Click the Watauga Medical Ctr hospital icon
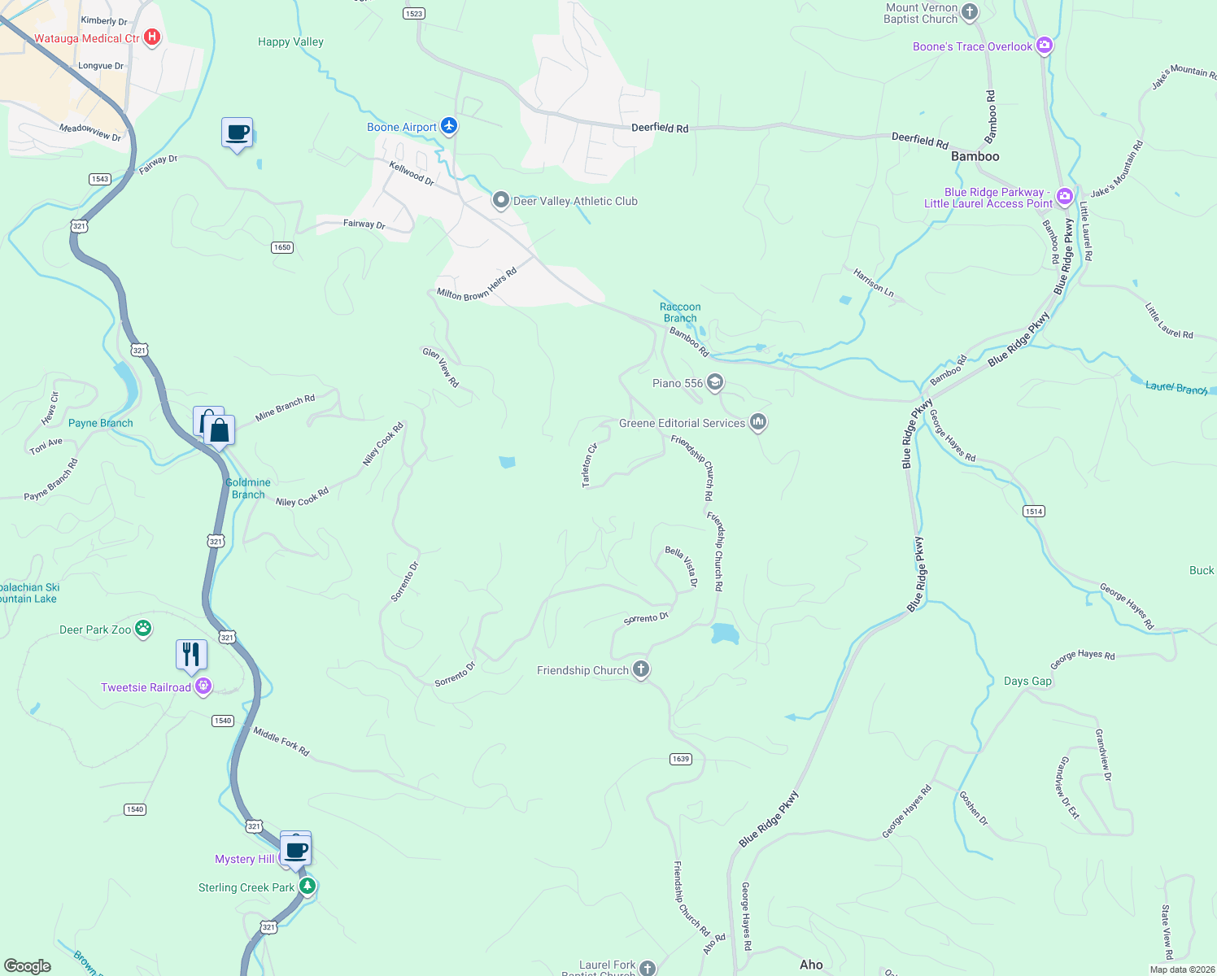point(151,37)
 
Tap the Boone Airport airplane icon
point(449,126)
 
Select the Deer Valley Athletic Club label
point(575,201)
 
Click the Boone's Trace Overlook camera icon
point(1045,46)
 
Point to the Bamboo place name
point(975,156)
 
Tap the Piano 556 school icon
point(714,382)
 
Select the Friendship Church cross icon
point(641,669)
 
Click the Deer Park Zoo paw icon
point(143,628)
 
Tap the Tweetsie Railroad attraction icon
point(203,686)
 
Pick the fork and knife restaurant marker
point(191,654)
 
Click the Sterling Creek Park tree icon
point(307,886)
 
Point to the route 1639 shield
point(681,759)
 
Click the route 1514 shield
point(1033,511)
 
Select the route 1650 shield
point(281,247)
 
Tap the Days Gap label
point(1027,681)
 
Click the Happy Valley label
point(290,41)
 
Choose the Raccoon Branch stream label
point(680,312)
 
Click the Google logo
point(28,965)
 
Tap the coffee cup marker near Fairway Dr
point(238,133)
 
